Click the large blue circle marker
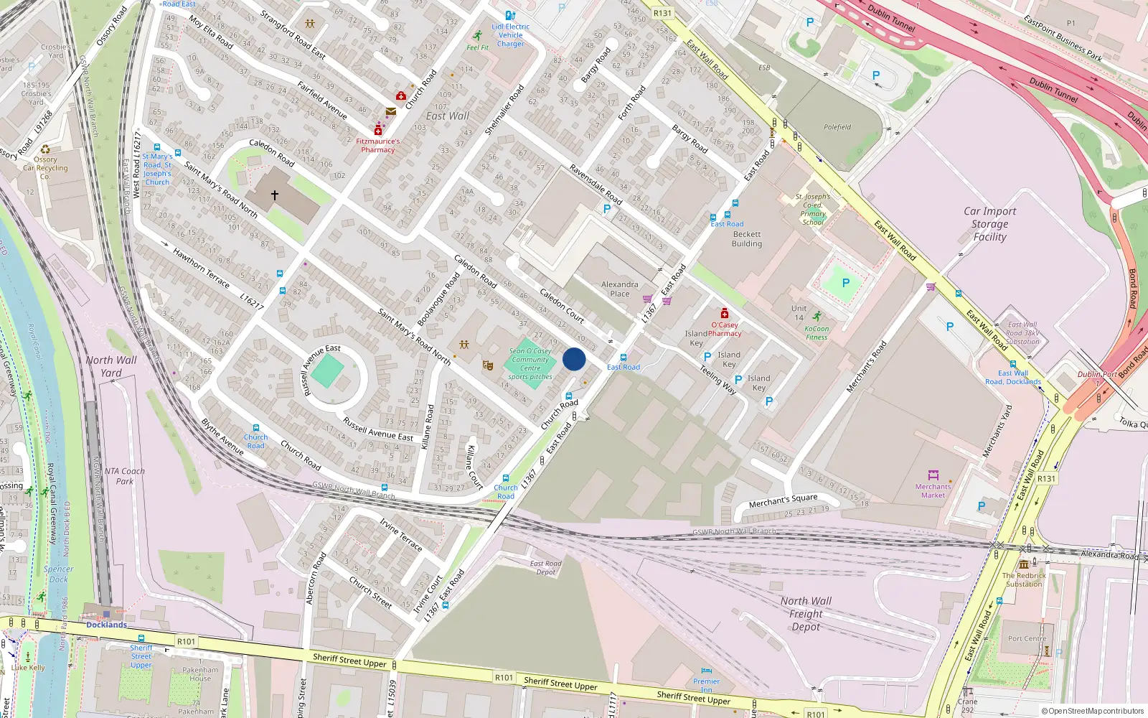point(574,359)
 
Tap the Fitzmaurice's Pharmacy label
point(378,146)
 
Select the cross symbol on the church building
point(274,195)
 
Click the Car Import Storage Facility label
point(989,224)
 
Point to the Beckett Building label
point(747,239)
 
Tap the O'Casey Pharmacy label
point(725,329)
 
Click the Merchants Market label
point(933,491)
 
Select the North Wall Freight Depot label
point(806,614)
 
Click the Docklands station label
point(106,625)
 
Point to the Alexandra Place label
point(620,289)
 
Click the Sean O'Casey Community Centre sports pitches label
point(530,364)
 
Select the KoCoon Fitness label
point(817,333)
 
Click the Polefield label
point(837,127)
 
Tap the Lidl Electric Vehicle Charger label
point(510,35)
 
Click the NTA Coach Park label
point(125,476)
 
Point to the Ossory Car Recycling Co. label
point(45,168)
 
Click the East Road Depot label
point(546,567)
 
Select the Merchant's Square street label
point(783,500)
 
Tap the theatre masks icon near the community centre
point(488,366)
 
